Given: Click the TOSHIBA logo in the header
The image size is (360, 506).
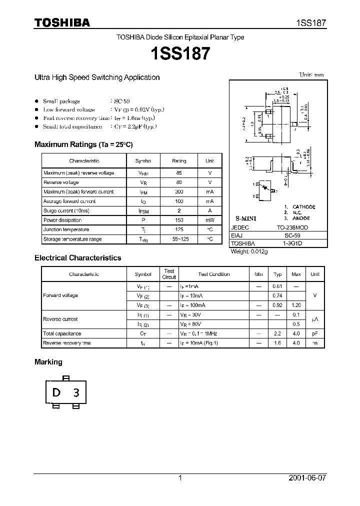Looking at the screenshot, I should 62,22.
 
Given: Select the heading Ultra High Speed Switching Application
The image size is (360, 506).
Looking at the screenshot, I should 97,77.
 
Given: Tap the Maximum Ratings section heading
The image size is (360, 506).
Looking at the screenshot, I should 83,144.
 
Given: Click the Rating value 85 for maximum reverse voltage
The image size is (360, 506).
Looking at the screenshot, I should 179,173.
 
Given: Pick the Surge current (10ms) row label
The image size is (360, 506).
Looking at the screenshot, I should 66,211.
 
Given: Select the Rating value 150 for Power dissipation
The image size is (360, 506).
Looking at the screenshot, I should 179,220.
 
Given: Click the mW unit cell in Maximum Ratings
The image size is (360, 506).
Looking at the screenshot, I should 209,220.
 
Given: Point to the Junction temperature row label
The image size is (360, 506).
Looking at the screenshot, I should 66,230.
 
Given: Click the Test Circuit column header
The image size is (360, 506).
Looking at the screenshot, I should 169,274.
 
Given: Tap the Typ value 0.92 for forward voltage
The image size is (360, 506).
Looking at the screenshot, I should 277,305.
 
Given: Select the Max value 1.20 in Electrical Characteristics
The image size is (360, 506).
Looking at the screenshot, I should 296,305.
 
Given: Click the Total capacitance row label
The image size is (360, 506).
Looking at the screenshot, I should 62,333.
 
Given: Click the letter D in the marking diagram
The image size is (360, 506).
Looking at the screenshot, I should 56,392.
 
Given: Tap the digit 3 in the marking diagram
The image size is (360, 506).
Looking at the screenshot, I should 76,393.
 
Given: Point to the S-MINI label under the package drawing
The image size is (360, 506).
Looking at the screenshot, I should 245,219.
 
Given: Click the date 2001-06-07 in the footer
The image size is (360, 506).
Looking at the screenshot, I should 307,478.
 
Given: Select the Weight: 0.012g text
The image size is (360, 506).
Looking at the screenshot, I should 249,252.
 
